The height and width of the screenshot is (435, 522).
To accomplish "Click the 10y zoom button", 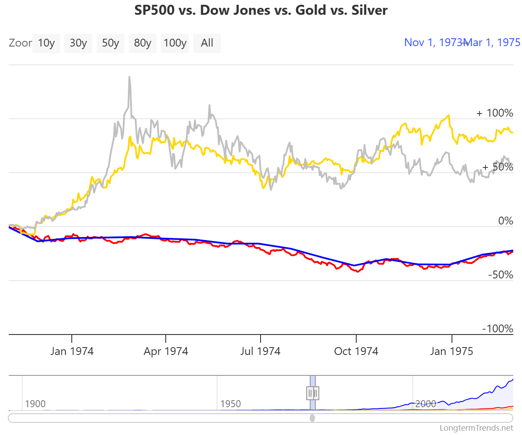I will (46, 43).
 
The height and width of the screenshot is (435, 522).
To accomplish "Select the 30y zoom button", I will (78, 43).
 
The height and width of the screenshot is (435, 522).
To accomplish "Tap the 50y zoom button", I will (110, 43).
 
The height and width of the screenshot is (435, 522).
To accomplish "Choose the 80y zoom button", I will (143, 43).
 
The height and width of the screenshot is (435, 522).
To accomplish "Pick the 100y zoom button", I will (175, 43).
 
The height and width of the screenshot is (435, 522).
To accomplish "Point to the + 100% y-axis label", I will (495, 113).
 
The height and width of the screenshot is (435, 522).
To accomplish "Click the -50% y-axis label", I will (500, 275).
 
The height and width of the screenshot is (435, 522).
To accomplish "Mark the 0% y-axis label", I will (505, 221).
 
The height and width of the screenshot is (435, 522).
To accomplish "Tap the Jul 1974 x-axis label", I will (261, 351).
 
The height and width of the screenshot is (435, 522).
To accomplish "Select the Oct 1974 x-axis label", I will (356, 351).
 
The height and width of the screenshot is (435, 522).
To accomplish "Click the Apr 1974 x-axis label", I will (166, 351).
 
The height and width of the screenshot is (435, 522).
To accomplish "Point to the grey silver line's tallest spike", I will (129, 77).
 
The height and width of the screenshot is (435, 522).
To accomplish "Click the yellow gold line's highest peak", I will (448, 115).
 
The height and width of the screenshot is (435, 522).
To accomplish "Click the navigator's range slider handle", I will (313, 393).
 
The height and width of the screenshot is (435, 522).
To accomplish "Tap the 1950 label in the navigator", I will (231, 404).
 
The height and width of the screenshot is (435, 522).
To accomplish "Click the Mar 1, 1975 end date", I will (493, 42).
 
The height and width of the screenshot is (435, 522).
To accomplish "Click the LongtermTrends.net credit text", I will (476, 428).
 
